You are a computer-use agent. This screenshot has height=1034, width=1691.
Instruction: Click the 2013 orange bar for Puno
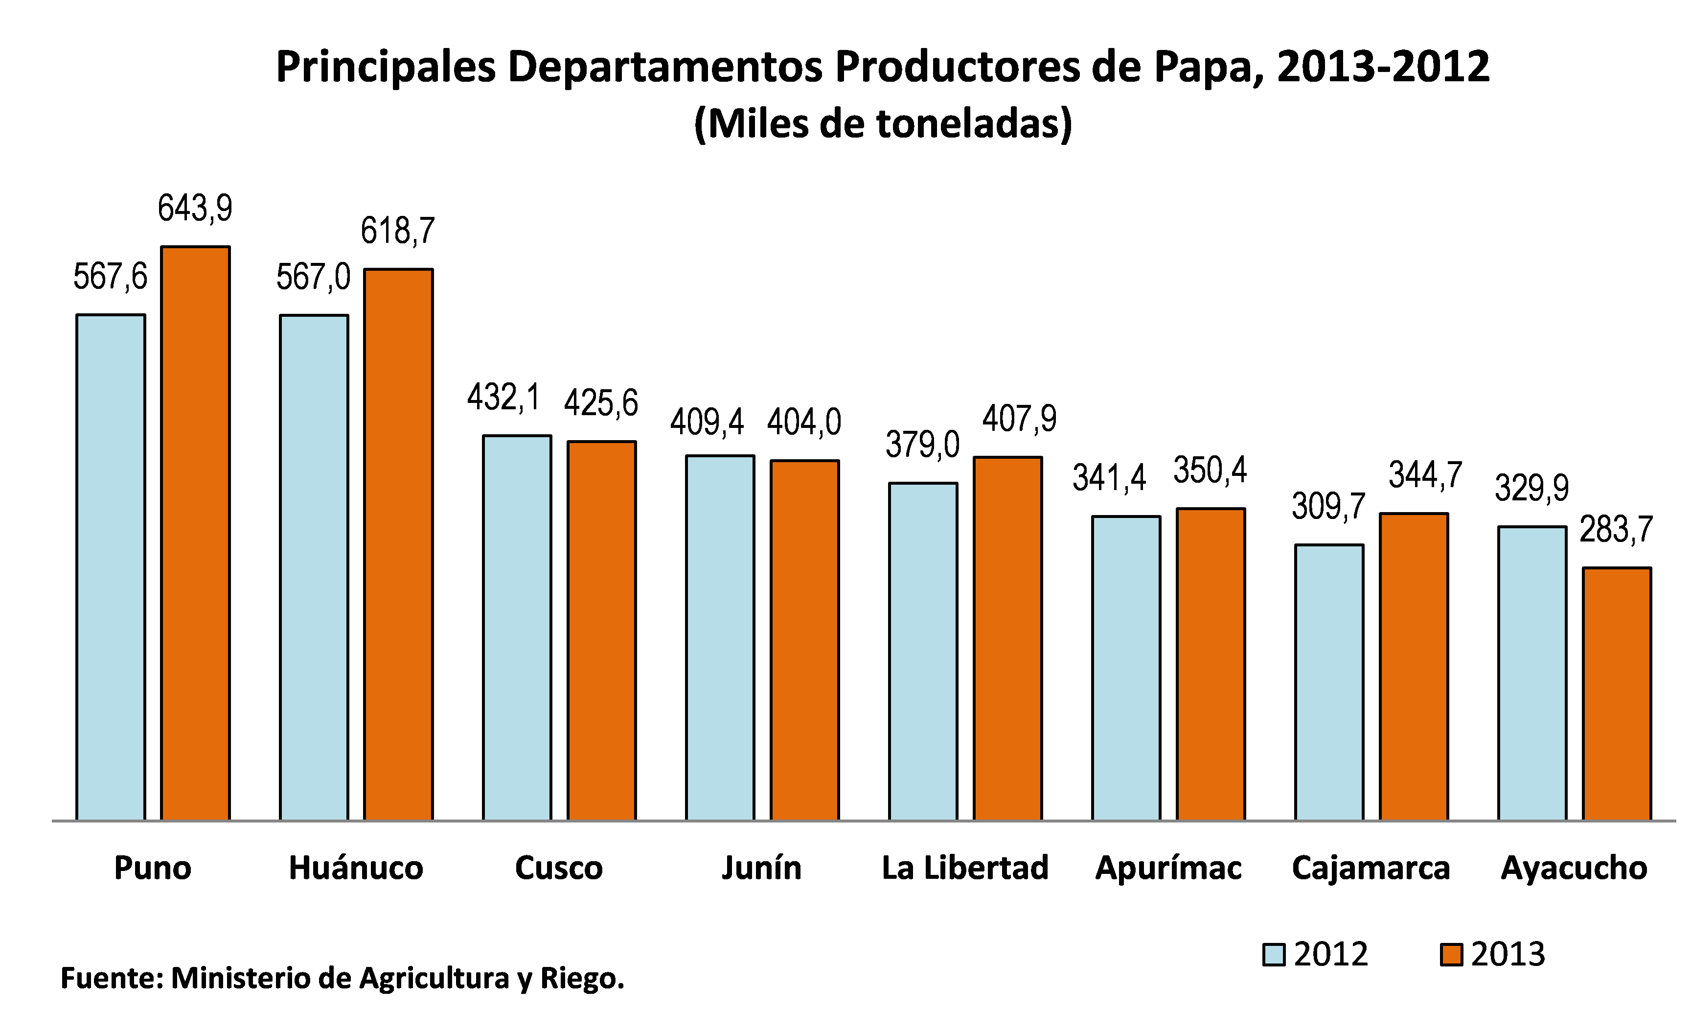click(196, 533)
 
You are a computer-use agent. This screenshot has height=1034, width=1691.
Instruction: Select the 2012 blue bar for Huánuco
click(314, 567)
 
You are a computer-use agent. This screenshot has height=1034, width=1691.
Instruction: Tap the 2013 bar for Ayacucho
click(1617, 693)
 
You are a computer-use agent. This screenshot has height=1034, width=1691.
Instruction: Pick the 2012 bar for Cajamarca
click(1329, 682)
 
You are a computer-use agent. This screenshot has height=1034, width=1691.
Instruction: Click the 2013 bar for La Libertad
click(1007, 638)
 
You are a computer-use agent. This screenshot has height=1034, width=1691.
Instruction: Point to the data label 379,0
click(922, 444)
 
